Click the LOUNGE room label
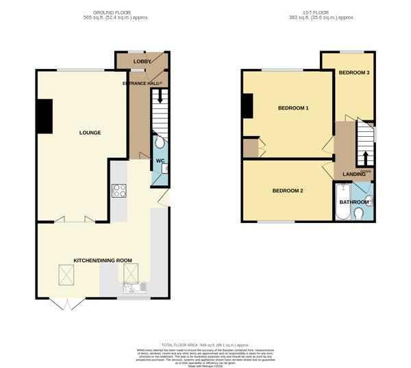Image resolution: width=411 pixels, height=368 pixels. [x=90, y=132]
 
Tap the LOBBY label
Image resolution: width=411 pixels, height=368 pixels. [x=142, y=62]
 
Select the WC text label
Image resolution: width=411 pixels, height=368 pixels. [x=160, y=161]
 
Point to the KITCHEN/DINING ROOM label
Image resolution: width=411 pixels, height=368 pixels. [x=103, y=261]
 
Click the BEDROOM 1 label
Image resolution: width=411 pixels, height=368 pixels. [x=292, y=108]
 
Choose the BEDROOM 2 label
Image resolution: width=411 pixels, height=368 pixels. [x=287, y=190]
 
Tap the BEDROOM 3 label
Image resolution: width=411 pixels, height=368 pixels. [x=354, y=73]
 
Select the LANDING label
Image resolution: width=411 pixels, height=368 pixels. [x=353, y=174]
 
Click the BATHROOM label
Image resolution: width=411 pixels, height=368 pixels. [x=353, y=202]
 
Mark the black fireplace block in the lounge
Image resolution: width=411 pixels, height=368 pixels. [x=45, y=116]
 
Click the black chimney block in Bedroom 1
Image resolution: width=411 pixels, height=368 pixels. [x=247, y=105]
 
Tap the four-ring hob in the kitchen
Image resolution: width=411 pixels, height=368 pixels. [x=119, y=191]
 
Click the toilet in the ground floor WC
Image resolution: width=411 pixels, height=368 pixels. [x=160, y=142]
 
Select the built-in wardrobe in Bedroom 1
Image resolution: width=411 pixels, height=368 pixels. [x=251, y=148]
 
